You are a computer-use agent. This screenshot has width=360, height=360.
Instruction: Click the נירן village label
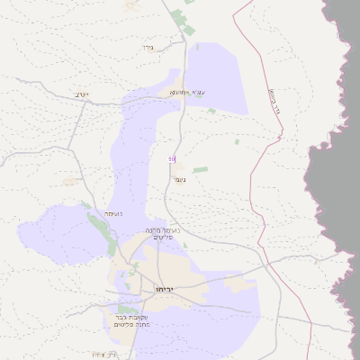click(148, 47)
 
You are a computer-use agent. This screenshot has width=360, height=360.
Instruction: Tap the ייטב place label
click(82, 94)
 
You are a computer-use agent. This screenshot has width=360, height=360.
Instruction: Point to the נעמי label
click(179, 179)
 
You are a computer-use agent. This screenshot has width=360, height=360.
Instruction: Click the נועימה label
click(113, 213)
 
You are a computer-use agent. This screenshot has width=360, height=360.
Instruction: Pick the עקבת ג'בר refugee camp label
click(131, 321)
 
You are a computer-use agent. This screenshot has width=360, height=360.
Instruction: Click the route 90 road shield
click(171, 159)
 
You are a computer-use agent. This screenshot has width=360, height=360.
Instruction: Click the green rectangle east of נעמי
click(200, 169)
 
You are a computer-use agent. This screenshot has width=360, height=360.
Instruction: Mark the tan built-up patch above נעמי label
click(180, 166)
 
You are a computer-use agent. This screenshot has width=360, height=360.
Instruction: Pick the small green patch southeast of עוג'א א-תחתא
click(211, 111)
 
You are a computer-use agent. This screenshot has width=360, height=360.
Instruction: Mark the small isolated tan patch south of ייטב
click(69, 181)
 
